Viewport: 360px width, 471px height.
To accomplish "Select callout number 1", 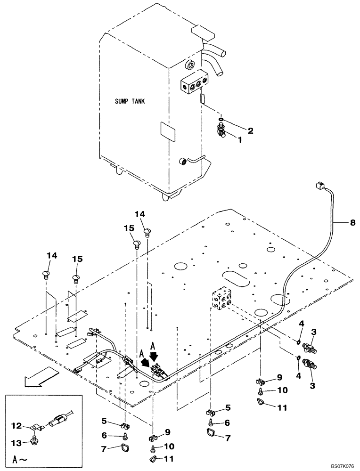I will click(x=240, y=140).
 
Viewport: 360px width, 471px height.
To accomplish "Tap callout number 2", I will click(x=251, y=130).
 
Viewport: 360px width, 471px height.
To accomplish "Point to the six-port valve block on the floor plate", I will click(x=221, y=299).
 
